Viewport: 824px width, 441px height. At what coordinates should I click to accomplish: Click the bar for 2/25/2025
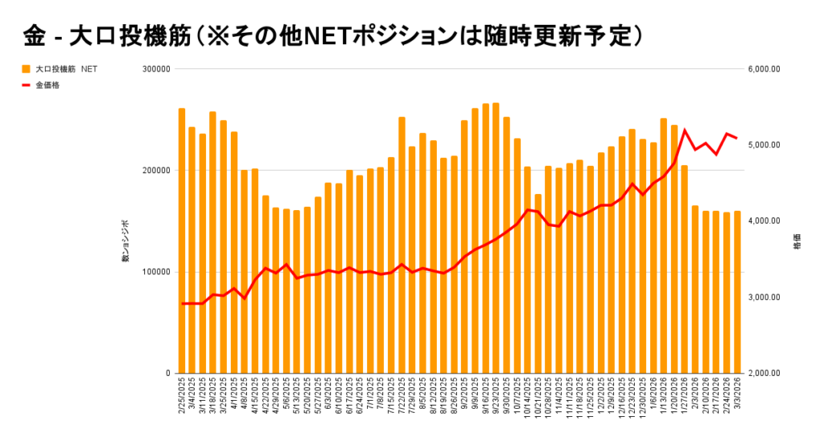pos(182,241)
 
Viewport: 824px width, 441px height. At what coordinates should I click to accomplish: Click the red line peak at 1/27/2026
pos(685,130)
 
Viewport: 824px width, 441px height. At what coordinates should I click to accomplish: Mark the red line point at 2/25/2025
pos(182,303)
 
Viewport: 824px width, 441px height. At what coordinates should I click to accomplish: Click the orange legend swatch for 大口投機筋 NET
pos(26,69)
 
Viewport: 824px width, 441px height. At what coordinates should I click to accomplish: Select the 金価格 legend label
pos(47,84)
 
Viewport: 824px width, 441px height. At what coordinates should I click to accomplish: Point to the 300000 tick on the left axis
pos(155,69)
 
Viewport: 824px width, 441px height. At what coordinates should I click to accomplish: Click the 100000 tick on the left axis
pos(155,272)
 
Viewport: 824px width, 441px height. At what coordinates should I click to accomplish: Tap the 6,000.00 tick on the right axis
pos(764,69)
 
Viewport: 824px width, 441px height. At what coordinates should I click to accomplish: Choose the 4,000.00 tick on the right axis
pos(764,221)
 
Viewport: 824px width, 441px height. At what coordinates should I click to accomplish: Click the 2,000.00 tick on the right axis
pos(764,373)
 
